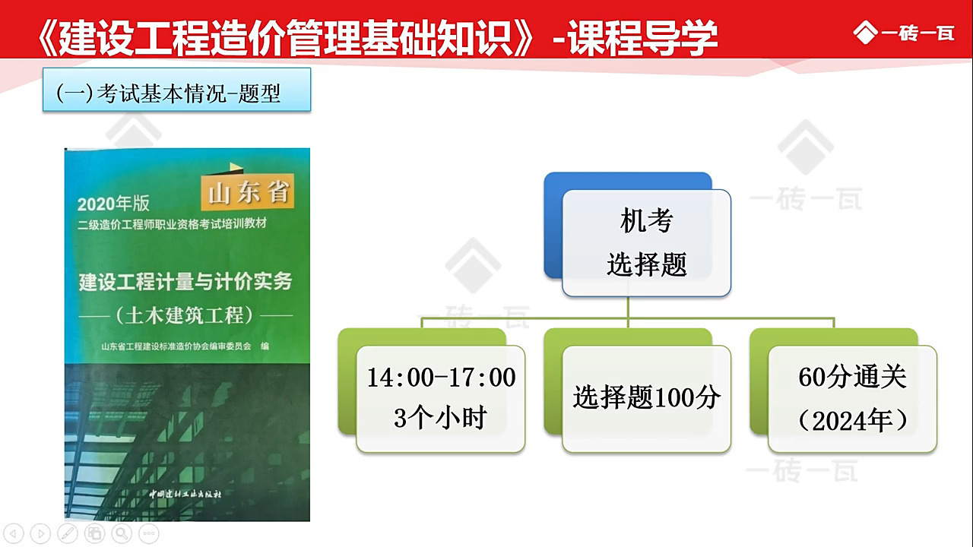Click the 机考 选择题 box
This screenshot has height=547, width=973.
coord(646,243)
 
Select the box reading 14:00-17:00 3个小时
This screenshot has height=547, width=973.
coord(441,398)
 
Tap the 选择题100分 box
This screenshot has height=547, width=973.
coord(646,398)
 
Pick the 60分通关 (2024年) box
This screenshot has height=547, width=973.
coord(852,398)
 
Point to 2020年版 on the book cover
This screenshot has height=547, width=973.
coord(113,204)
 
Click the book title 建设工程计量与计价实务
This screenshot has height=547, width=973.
coord(185,282)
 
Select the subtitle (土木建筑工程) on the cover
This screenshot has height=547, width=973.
coord(185,314)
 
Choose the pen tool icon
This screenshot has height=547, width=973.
coord(68,533)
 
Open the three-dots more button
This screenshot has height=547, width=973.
coord(149,533)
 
